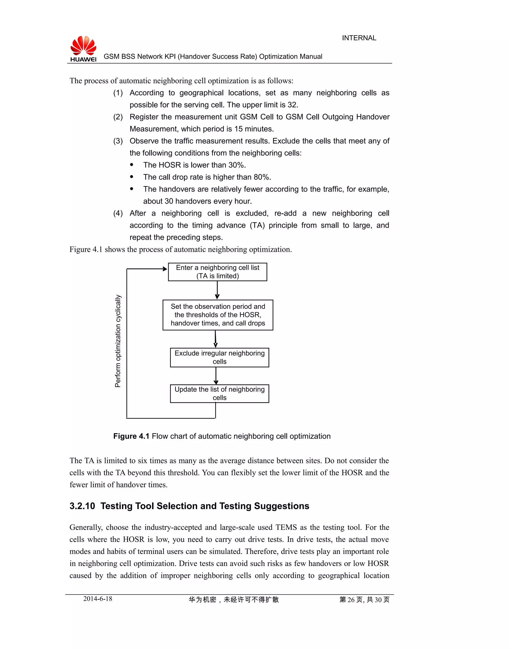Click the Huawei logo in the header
click(83, 49)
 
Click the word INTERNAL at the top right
click(359, 38)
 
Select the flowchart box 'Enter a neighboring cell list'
click(217, 272)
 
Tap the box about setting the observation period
click(218, 315)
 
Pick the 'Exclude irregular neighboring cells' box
click(219, 357)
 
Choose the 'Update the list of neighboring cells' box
click(219, 393)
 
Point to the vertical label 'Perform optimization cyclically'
click(118, 341)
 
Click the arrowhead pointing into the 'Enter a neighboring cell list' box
click(165, 269)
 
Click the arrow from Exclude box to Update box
click(216, 376)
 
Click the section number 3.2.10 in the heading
click(82, 506)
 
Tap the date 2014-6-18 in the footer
click(98, 599)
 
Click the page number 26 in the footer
click(351, 599)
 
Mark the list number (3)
click(118, 141)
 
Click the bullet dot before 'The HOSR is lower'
click(132, 165)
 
